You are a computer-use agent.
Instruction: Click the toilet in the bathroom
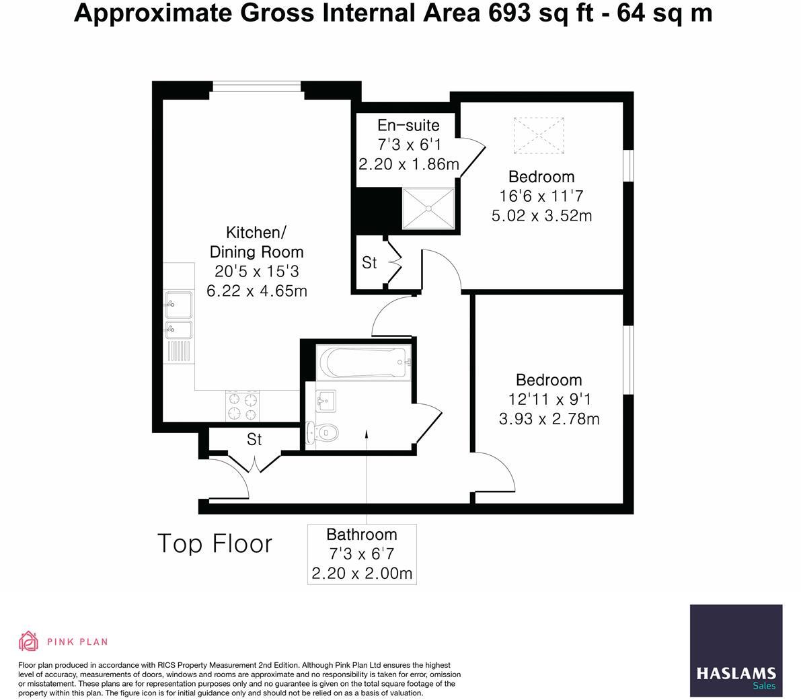(320, 433)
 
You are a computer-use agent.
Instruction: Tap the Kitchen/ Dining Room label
(256, 242)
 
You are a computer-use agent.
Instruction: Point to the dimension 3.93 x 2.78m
(549, 419)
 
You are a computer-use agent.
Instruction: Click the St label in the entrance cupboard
(254, 440)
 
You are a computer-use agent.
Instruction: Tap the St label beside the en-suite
(369, 263)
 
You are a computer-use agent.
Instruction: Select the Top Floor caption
(215, 543)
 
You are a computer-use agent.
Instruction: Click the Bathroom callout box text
(362, 554)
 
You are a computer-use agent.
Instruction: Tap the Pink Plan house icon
(28, 641)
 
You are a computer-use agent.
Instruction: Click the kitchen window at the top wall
(257, 86)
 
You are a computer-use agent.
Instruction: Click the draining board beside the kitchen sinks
(179, 352)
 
